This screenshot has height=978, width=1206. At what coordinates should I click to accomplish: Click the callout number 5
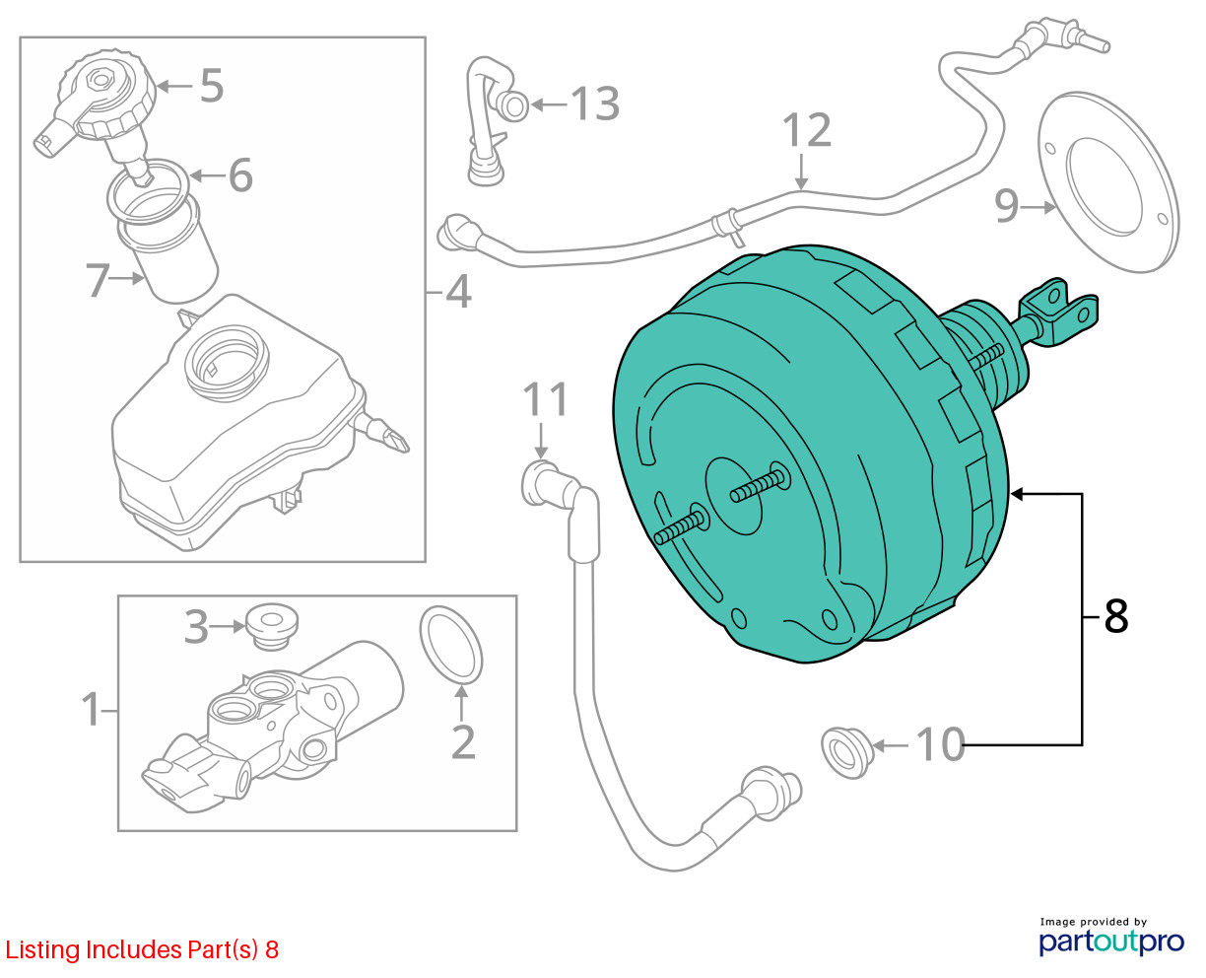click(212, 86)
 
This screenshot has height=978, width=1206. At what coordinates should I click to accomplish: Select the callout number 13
click(595, 103)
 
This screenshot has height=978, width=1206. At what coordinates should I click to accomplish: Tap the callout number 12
click(807, 130)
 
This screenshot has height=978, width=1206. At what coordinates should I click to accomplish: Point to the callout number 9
click(1006, 206)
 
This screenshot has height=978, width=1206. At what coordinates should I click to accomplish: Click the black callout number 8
click(1115, 616)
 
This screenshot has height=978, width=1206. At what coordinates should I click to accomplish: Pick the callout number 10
click(940, 744)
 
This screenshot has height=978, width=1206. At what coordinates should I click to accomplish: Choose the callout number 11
click(546, 400)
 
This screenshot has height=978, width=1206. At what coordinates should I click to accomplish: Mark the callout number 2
click(463, 741)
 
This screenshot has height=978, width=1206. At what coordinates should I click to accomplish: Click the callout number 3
click(197, 625)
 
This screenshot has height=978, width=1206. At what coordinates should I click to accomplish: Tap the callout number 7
click(97, 280)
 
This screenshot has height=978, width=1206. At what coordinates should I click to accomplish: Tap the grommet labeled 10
click(845, 751)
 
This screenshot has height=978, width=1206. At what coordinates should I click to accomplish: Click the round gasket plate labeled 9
click(1108, 182)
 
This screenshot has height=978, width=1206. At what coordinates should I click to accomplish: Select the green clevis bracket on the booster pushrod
click(1059, 311)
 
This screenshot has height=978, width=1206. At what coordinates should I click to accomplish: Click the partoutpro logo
click(1111, 938)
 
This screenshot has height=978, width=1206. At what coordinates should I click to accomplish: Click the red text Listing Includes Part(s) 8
click(142, 950)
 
